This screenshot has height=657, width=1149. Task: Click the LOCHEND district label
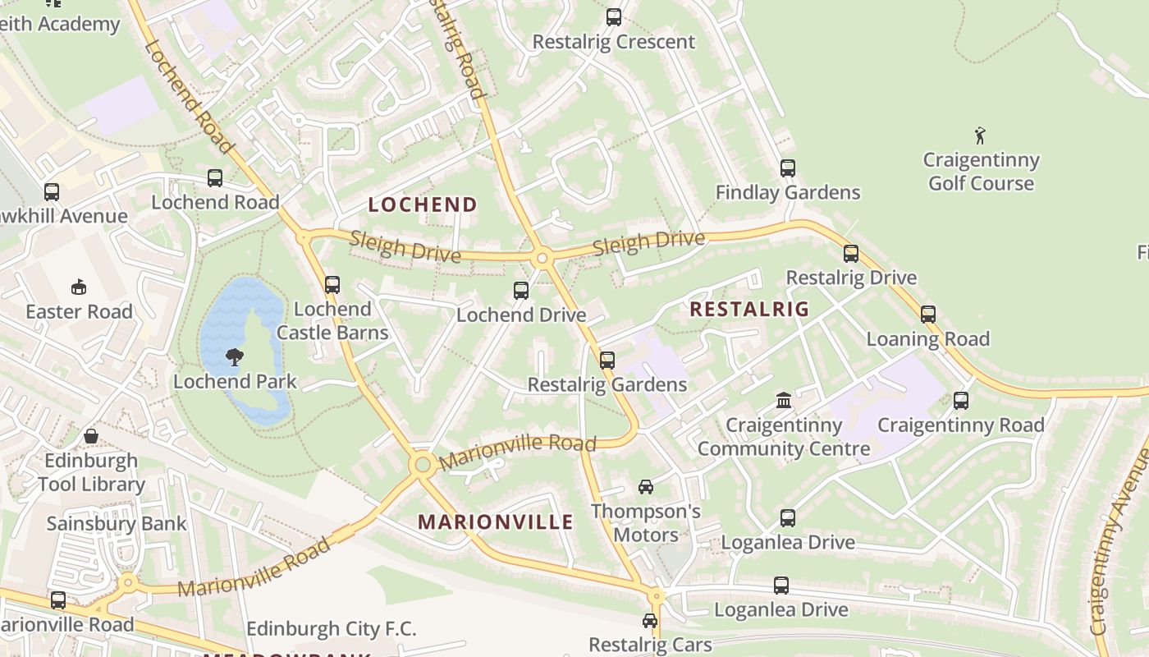pos(423,204)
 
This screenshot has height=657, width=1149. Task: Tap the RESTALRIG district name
pos(749,309)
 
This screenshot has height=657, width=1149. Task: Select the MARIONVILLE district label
pos(496,521)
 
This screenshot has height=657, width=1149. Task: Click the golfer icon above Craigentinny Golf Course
pos(980,136)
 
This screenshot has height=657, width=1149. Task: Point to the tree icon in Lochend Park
pos(235,356)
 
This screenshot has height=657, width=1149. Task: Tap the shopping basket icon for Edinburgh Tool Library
pos(91,435)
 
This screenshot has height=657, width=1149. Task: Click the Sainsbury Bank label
pos(117,523)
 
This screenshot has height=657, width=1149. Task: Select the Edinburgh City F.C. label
pos(332,629)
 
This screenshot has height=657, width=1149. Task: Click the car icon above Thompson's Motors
pos(646,487)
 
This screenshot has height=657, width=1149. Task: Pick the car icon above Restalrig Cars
pos(650,621)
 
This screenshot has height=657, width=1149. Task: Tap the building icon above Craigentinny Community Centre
pos(784,400)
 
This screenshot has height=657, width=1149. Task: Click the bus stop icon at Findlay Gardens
pos(788,168)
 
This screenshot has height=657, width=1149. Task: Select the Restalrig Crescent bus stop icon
pos(614,17)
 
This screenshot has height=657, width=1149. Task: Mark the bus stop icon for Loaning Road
pos(928,315)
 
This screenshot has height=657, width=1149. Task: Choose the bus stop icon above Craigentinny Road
pos(961,401)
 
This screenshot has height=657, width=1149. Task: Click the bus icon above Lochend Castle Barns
pos(332,285)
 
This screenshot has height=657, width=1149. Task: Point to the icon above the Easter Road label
pos(79,287)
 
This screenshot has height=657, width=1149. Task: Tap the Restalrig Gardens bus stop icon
pos(607,360)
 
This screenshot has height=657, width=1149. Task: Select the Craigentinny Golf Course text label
pos(981,171)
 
